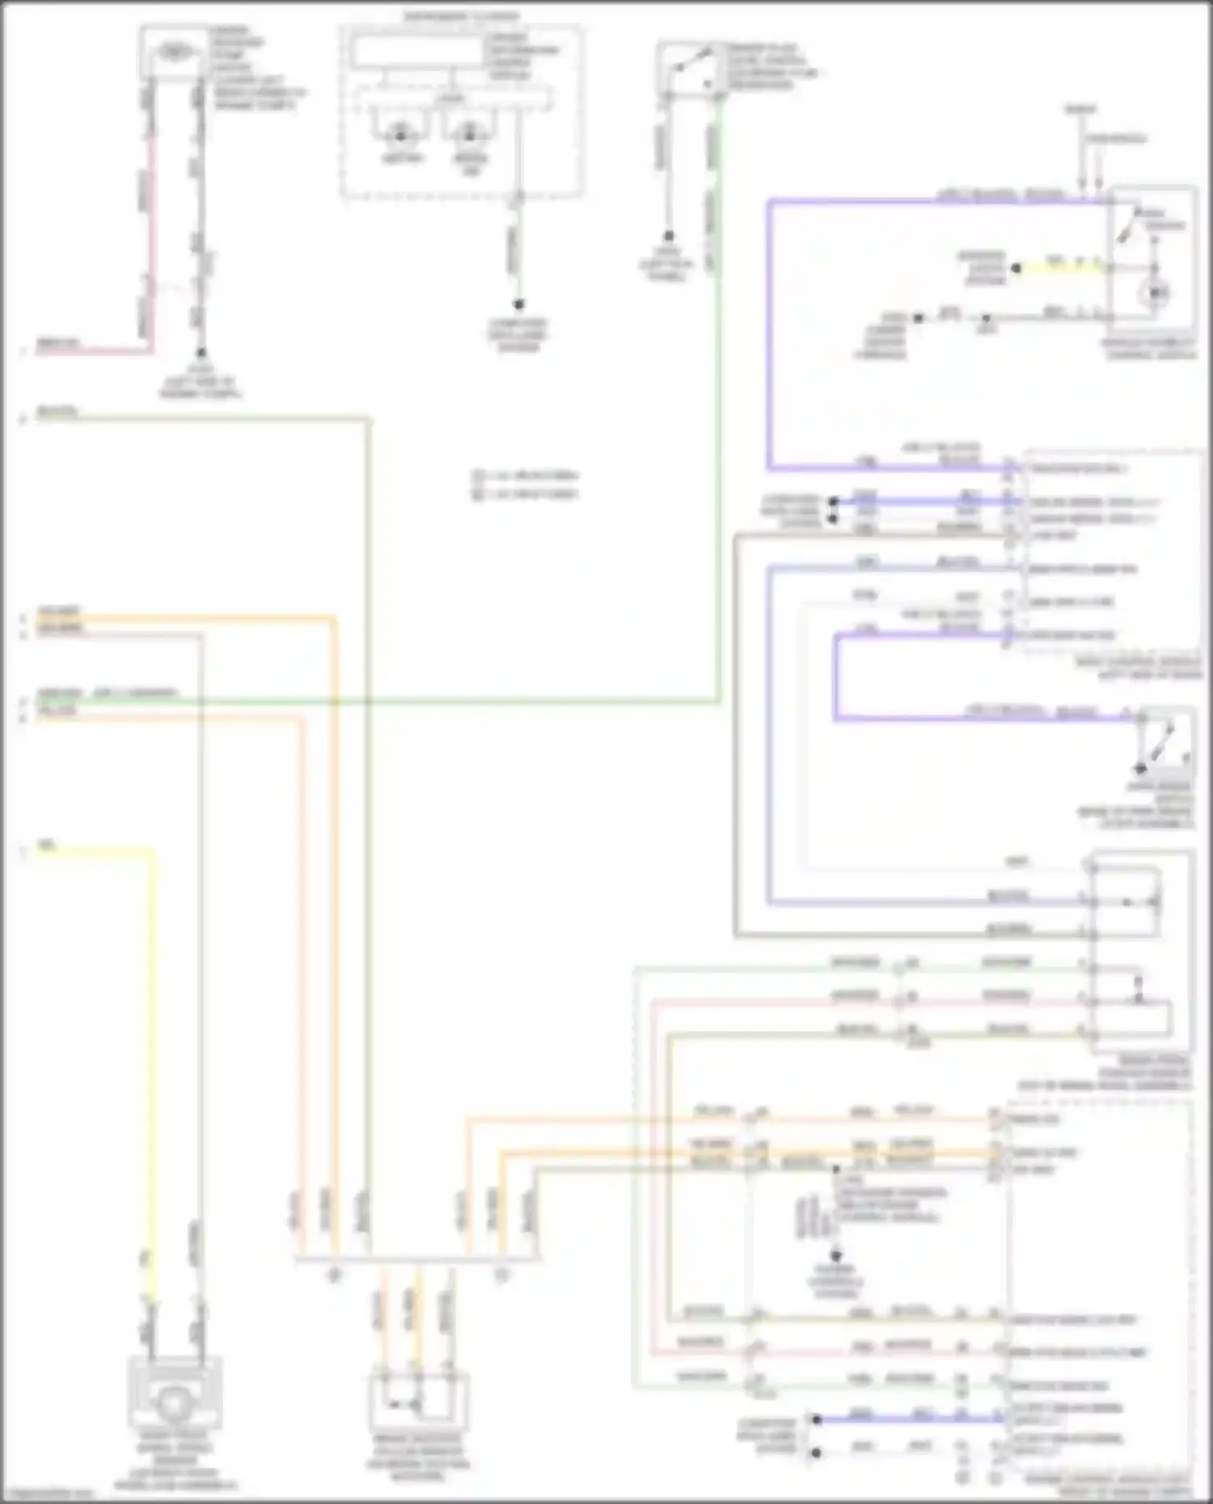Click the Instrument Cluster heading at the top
pos(461,16)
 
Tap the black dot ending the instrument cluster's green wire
pos(518,305)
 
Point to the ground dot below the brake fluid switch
pos(669,237)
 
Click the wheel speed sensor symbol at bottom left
pos(172,1405)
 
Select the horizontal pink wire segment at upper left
pos(89,352)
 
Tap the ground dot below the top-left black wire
pos(200,353)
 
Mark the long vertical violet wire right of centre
pos(770,339)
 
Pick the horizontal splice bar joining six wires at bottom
pos(416,1258)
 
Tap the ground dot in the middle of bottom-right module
pos(836,1257)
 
